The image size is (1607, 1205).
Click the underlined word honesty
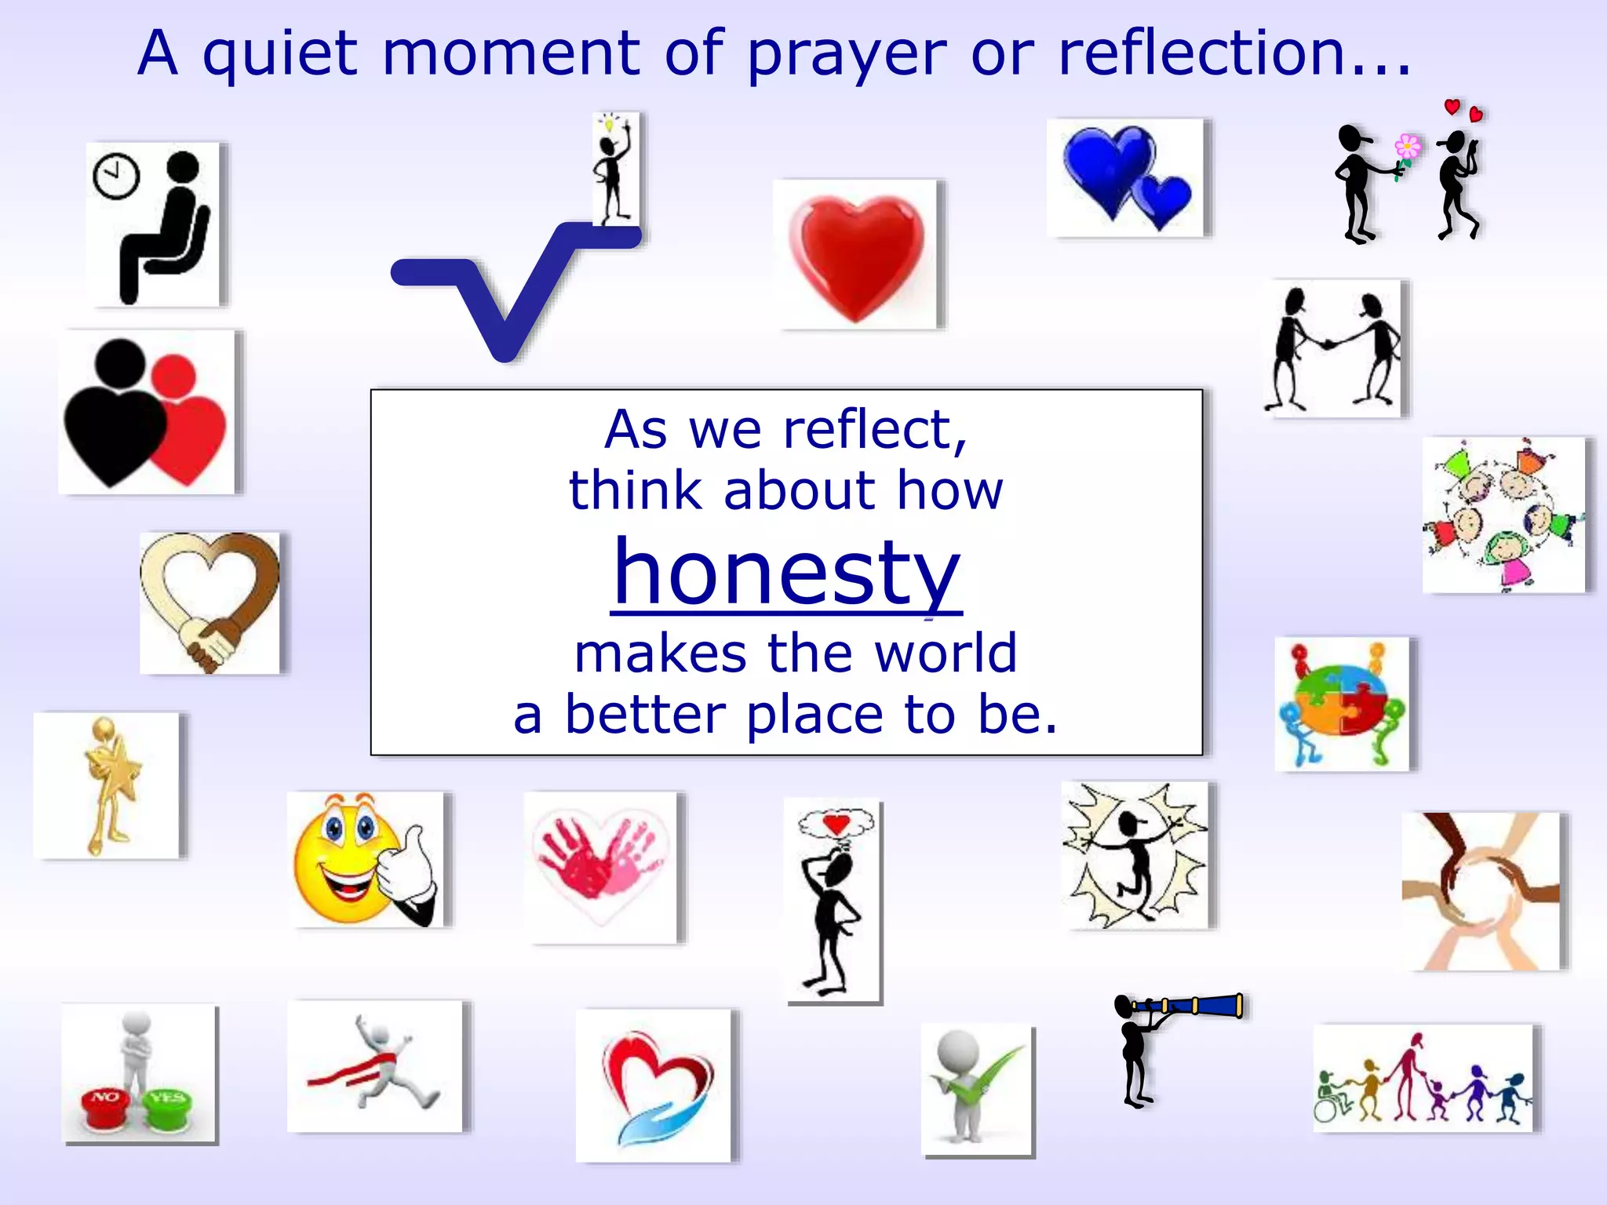(x=786, y=573)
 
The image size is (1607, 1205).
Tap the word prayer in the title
(x=847, y=55)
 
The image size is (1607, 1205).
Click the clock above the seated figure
(x=116, y=176)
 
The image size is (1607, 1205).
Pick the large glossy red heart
(x=857, y=256)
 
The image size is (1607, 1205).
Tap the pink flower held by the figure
(x=1407, y=147)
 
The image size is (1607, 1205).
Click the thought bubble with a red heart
(x=836, y=824)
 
